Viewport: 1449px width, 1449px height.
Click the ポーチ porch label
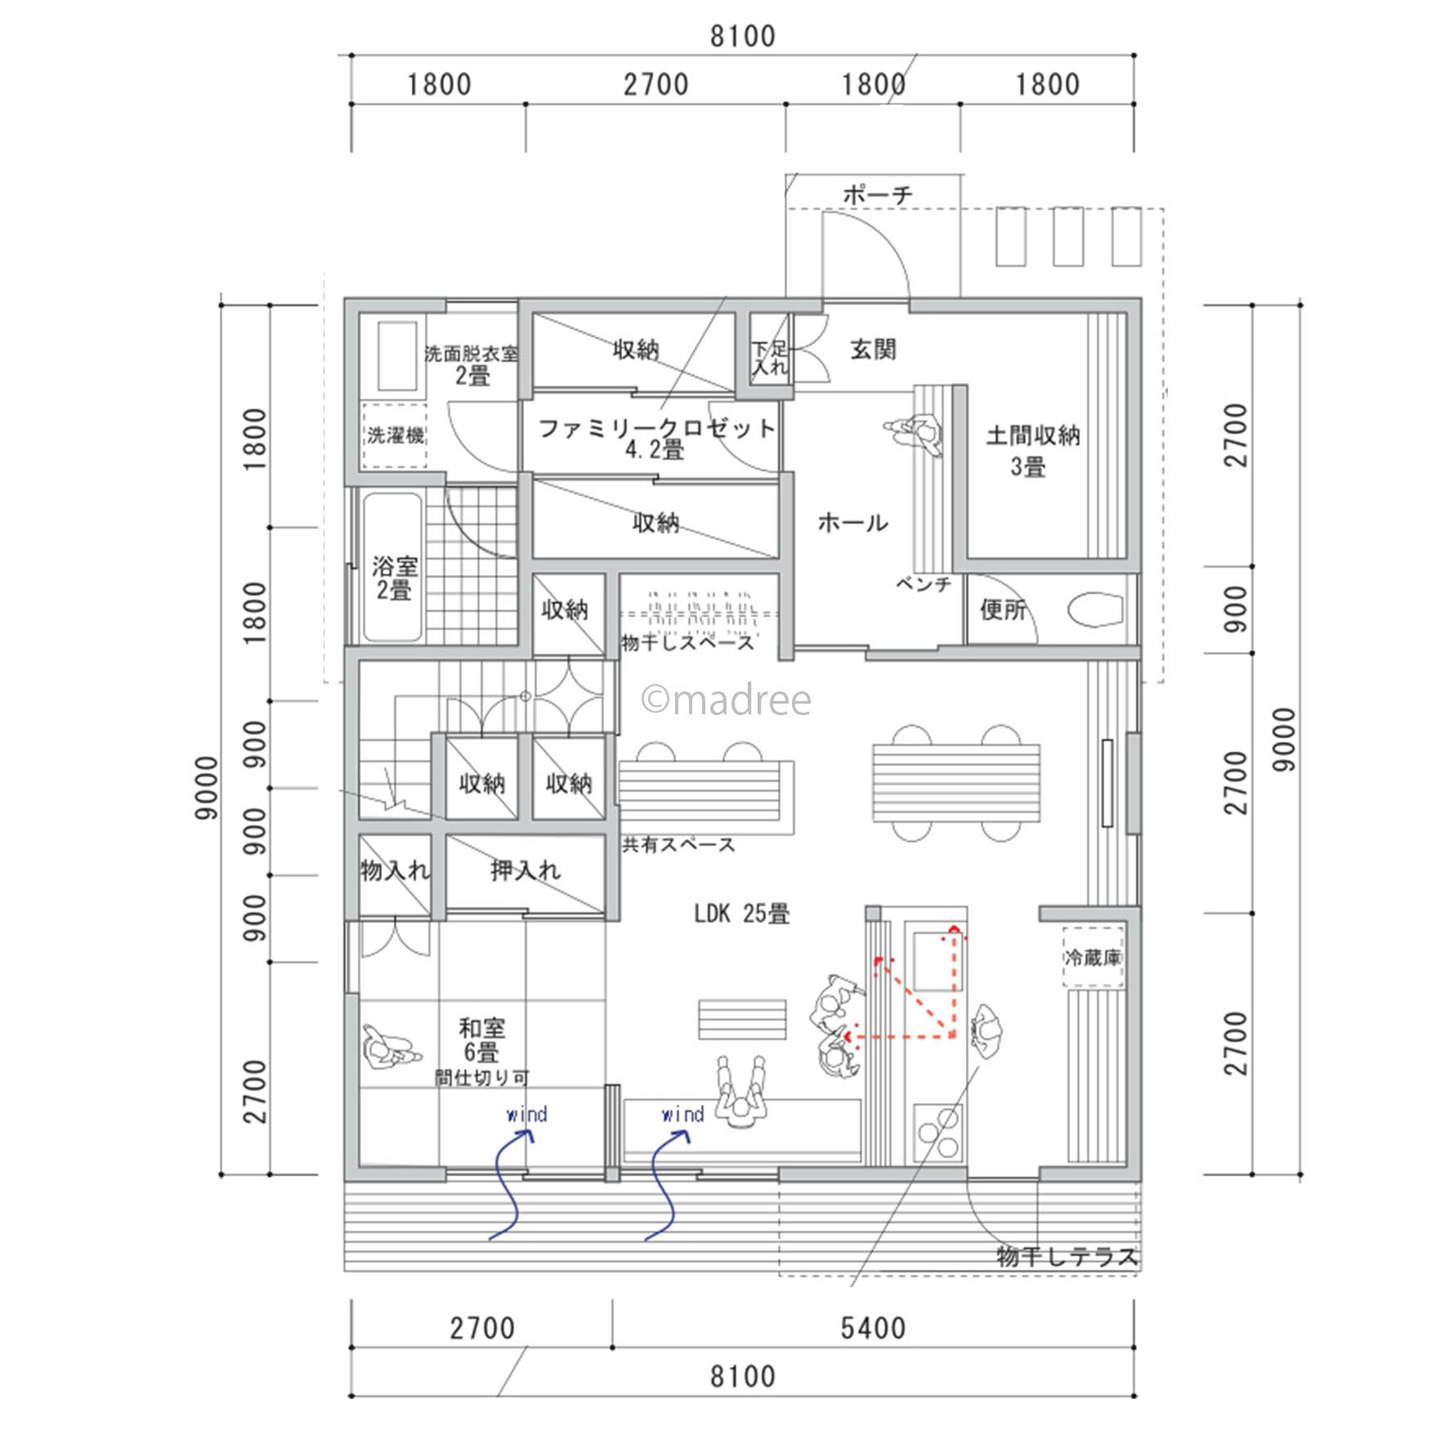pyautogui.click(x=877, y=195)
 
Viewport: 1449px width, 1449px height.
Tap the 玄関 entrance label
pyautogui.click(x=873, y=350)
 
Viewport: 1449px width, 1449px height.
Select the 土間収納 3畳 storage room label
pyautogui.click(x=1032, y=450)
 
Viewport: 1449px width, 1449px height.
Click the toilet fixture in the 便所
pyautogui.click(x=1095, y=609)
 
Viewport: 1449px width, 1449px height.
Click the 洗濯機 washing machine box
pyautogui.click(x=395, y=435)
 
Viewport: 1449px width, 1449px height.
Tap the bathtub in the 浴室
pyautogui.click(x=392, y=566)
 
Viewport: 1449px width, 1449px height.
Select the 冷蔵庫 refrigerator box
pyautogui.click(x=1093, y=957)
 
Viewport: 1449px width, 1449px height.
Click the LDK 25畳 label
pyautogui.click(x=741, y=913)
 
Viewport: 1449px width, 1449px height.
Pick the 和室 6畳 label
pyautogui.click(x=481, y=1039)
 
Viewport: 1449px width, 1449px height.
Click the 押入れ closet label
pyautogui.click(x=525, y=870)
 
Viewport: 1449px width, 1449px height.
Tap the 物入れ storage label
pyautogui.click(x=395, y=870)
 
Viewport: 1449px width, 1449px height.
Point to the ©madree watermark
pyautogui.click(x=727, y=700)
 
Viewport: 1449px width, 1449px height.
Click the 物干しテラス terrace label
pyautogui.click(x=1067, y=1256)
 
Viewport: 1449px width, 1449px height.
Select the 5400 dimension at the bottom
pyautogui.click(x=873, y=1328)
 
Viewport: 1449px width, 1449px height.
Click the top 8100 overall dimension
pyautogui.click(x=742, y=36)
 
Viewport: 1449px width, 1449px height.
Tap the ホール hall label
pyautogui.click(x=852, y=522)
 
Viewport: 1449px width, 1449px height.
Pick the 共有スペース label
pyautogui.click(x=679, y=844)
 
